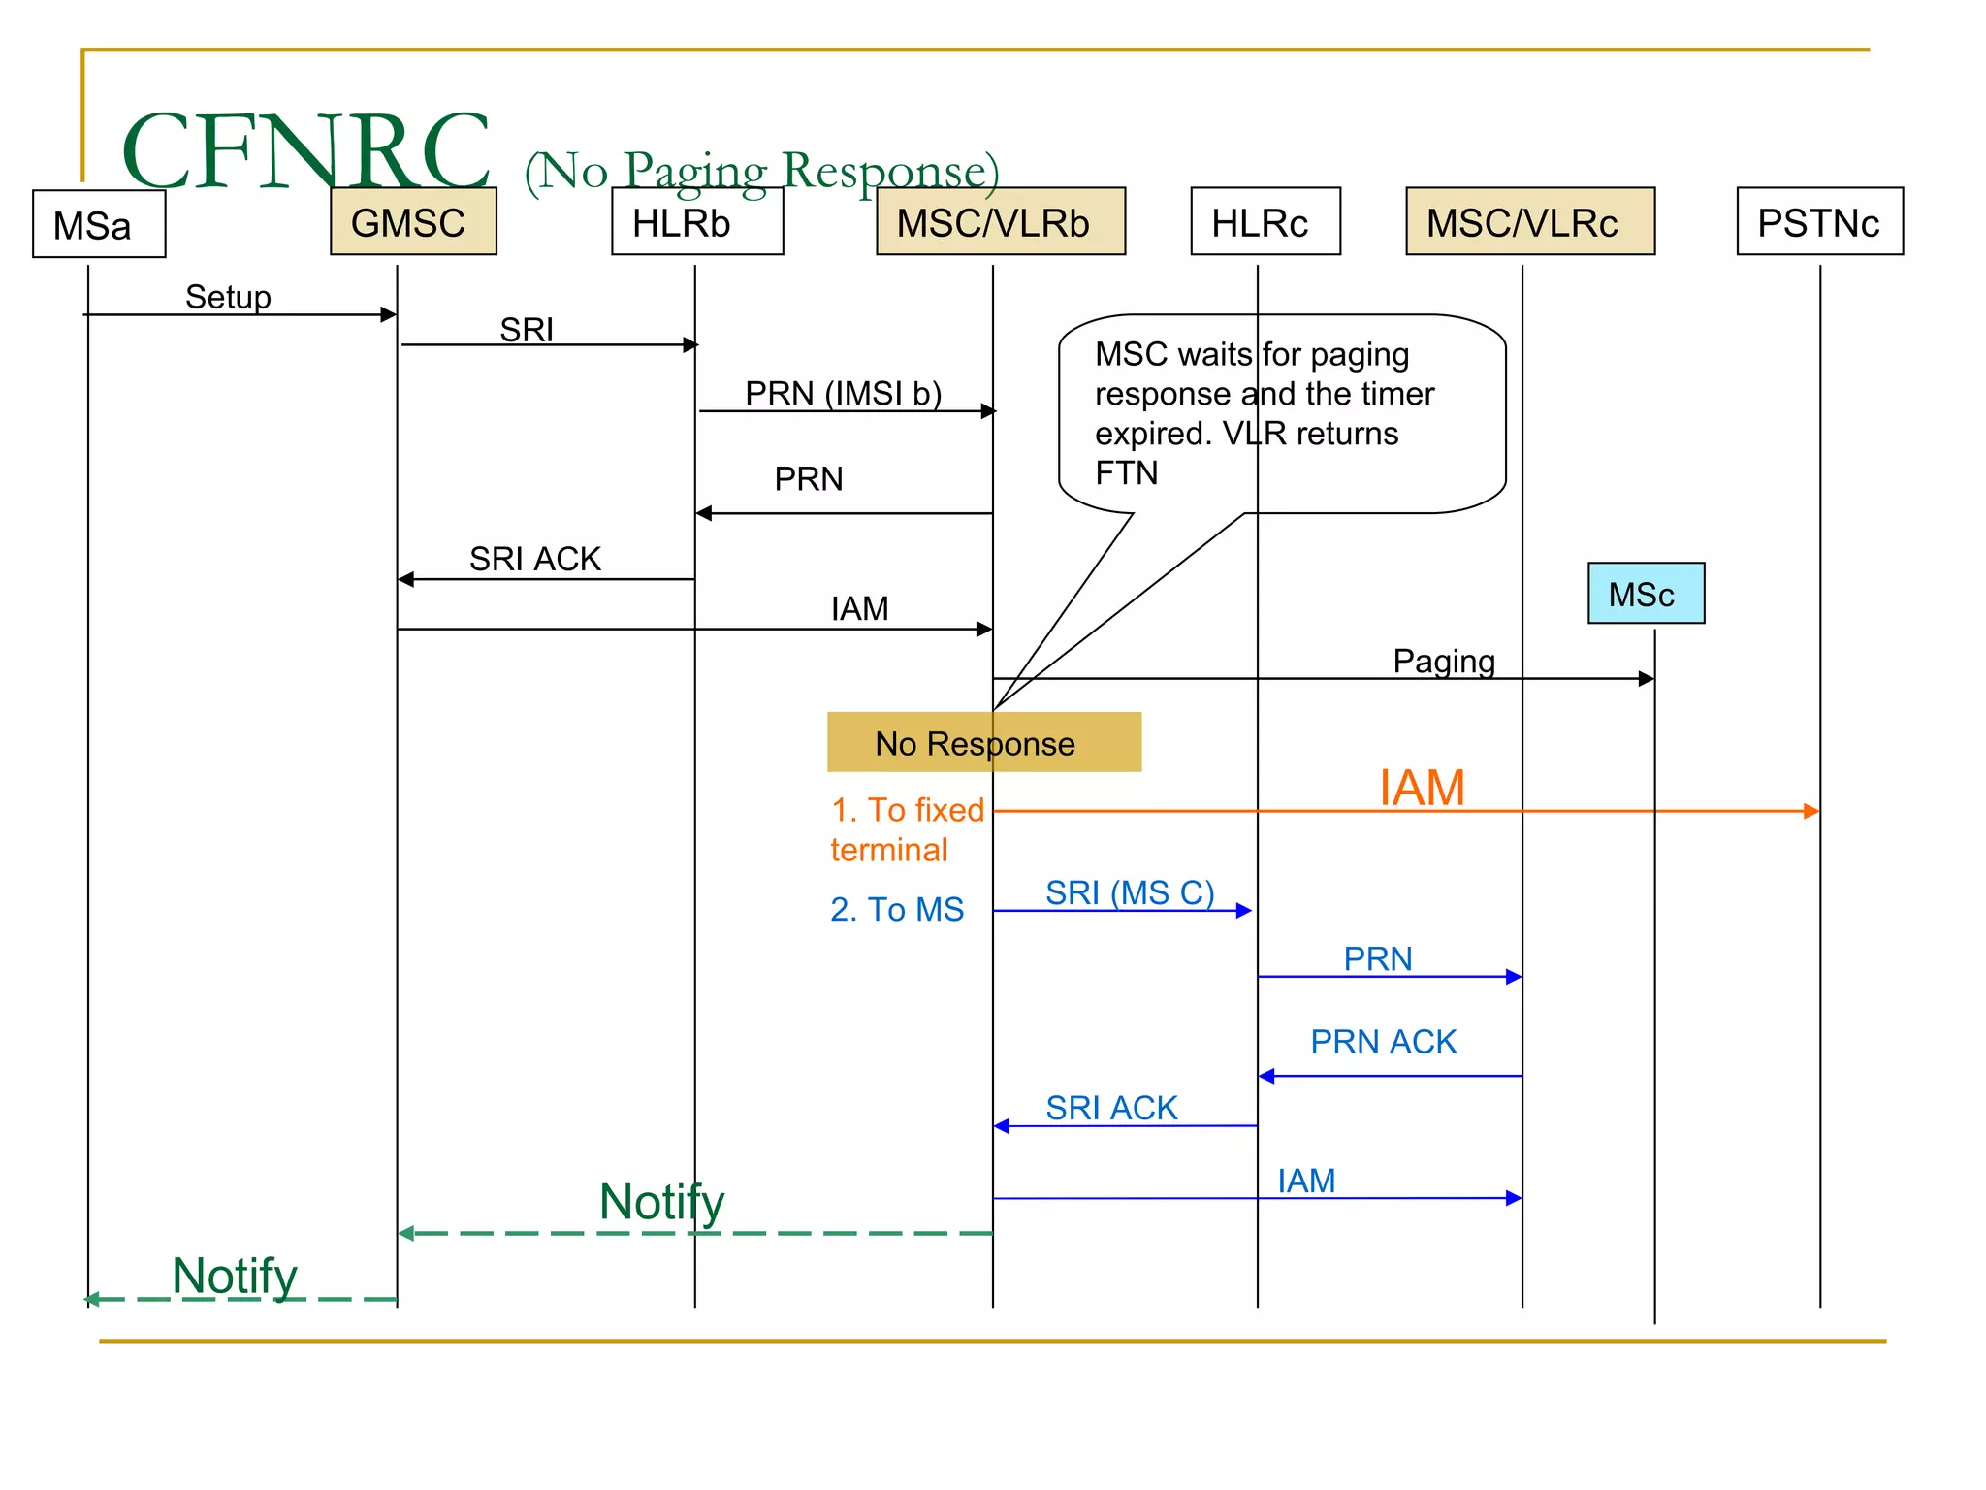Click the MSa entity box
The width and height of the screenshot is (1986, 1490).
coord(99,224)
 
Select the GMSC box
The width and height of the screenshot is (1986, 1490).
coord(413,222)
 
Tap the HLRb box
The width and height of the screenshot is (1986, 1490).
coord(697,222)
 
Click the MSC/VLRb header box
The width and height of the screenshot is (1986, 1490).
coord(1001,222)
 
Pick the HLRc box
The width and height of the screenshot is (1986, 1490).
coord(1265,222)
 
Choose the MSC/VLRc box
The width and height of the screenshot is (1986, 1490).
coord(1529,222)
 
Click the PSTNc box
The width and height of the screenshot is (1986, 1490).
coord(1819,222)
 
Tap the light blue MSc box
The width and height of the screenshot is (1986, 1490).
coord(1646,594)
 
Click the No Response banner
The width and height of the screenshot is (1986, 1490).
coord(983,743)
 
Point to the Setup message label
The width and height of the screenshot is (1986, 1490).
coord(228,297)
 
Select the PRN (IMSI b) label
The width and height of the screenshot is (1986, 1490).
coord(843,393)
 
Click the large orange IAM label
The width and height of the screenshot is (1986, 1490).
coord(1422,787)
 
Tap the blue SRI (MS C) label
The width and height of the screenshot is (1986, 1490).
coord(1129,891)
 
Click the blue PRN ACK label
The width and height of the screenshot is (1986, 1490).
coord(1383,1041)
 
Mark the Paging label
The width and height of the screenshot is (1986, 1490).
coord(1443,661)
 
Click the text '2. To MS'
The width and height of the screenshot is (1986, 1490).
coord(896,909)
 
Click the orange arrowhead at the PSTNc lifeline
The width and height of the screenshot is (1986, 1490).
coord(1810,811)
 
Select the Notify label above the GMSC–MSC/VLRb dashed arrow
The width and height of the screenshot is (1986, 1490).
coord(661,1201)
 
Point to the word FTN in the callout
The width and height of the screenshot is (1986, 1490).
coord(1126,472)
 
